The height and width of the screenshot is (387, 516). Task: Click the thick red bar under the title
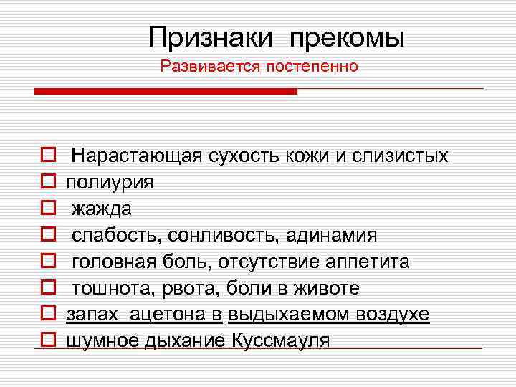[x=166, y=92]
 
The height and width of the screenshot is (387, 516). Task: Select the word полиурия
[x=110, y=182]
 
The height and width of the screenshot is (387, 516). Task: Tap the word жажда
[x=102, y=209]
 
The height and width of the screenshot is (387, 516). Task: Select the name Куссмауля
[x=281, y=341]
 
